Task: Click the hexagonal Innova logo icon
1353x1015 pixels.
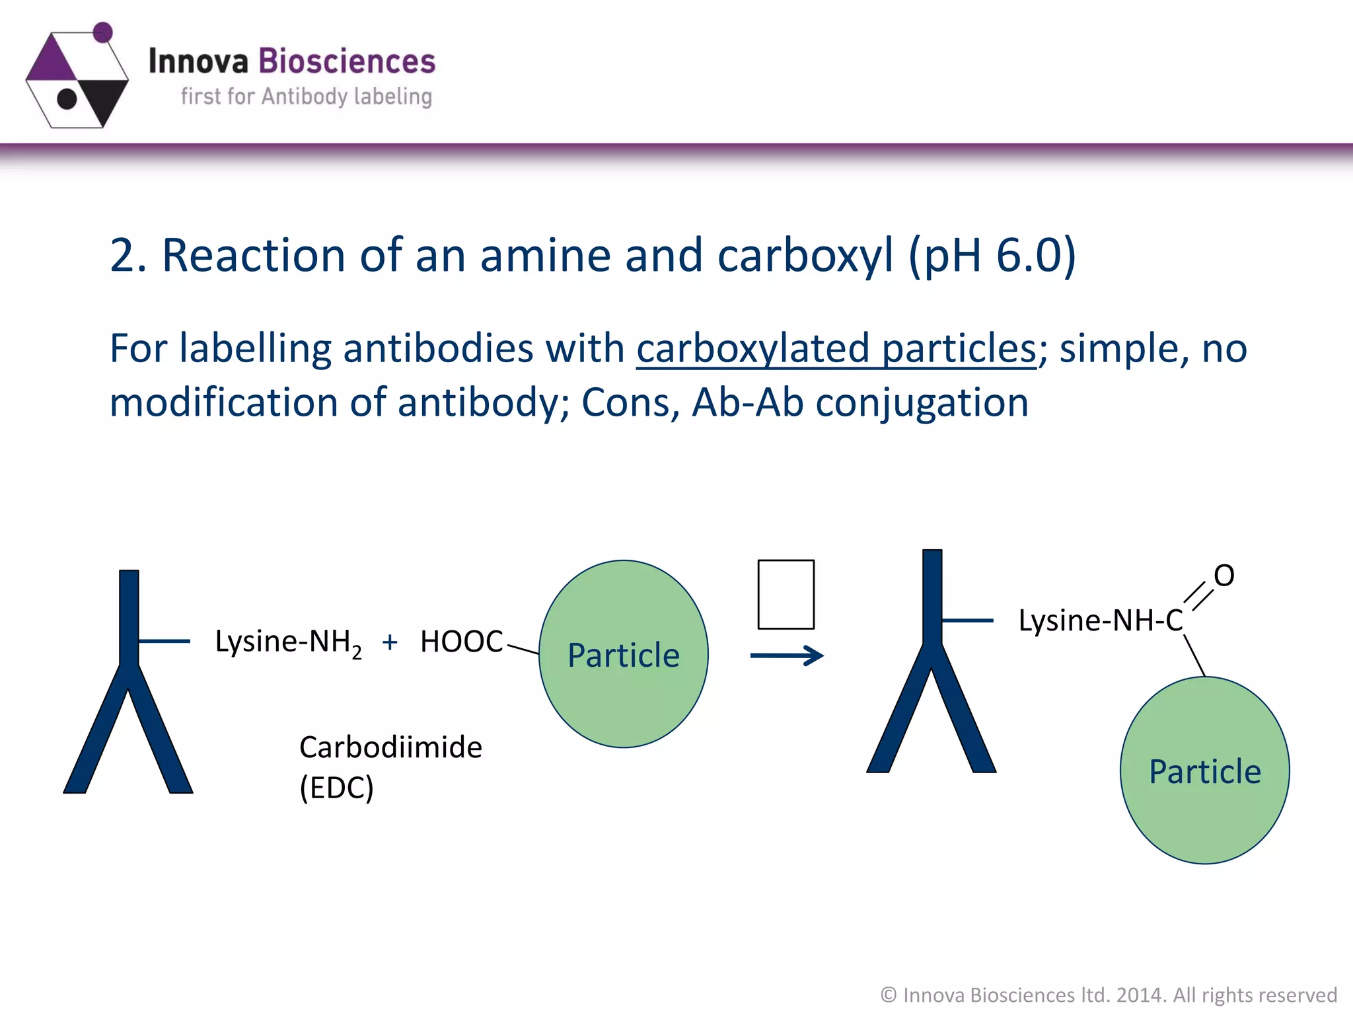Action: point(77,78)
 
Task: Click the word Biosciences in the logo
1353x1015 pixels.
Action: point(346,61)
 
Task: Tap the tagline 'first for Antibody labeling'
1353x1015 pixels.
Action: point(307,97)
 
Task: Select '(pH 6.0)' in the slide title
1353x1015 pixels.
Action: point(992,256)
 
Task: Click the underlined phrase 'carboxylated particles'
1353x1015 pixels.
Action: point(836,349)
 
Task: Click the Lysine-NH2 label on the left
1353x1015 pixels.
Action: point(288,642)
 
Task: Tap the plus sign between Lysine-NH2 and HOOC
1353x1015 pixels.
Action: point(390,642)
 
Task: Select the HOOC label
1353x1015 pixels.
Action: point(462,642)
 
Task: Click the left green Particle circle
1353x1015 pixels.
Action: point(623,654)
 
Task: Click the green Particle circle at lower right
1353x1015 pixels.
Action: point(1204,771)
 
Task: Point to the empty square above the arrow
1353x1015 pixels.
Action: point(786,594)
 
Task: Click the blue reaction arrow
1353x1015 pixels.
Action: point(787,656)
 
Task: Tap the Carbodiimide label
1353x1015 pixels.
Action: point(390,747)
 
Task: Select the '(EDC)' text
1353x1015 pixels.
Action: point(336,788)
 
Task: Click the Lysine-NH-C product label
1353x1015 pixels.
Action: point(1100,621)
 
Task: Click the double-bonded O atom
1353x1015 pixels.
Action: point(1224,576)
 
